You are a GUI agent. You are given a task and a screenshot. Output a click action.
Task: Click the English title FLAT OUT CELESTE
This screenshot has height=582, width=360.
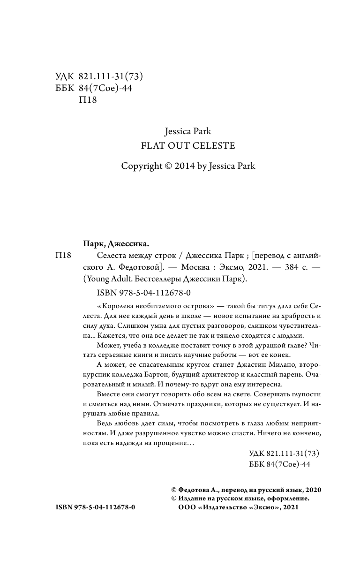pyautogui.click(x=188, y=145)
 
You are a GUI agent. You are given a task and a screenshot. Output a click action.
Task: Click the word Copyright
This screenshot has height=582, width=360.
pyautogui.click(x=141, y=166)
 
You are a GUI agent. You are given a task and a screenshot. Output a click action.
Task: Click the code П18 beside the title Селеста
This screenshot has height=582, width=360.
pyautogui.click(x=63, y=255)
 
